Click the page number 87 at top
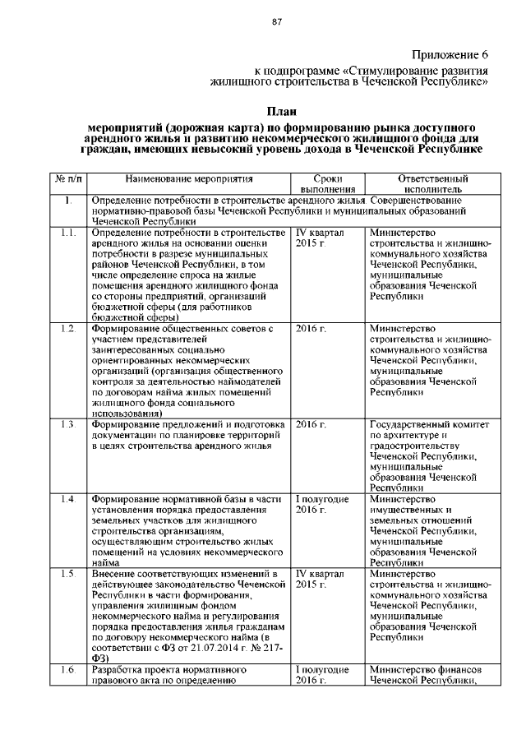click(x=277, y=22)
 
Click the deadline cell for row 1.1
click(x=319, y=238)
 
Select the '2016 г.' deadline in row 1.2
click(x=311, y=329)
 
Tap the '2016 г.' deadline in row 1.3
click(x=311, y=425)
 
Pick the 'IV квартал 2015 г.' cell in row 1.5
click(x=319, y=580)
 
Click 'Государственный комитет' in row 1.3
click(x=430, y=425)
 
